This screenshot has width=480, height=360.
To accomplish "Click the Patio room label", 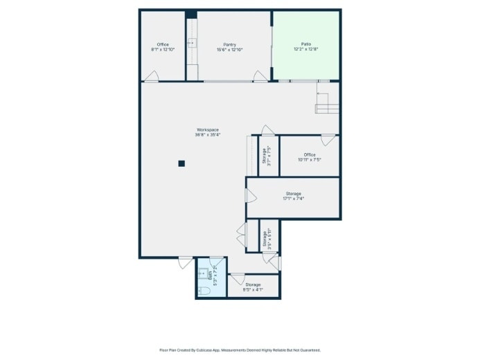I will pyautogui.click(x=305, y=44).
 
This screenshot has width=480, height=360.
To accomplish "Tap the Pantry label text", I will pyautogui.click(x=230, y=44).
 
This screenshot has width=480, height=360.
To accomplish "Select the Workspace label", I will pyautogui.click(x=207, y=129).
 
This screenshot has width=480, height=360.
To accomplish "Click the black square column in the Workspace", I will pyautogui.click(x=181, y=163).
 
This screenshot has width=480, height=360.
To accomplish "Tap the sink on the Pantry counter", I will pyautogui.click(x=191, y=43).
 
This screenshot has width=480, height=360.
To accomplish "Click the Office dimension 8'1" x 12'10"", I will pyautogui.click(x=163, y=50).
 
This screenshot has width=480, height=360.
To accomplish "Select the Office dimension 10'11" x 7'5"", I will pyautogui.click(x=309, y=160).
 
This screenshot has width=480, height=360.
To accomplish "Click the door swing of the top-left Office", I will pyautogui.click(x=152, y=76).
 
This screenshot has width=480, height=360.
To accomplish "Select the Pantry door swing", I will pyautogui.click(x=260, y=76).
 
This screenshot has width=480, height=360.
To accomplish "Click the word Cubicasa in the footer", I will pyautogui.click(x=207, y=350).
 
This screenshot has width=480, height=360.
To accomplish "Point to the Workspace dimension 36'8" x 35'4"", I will pyautogui.click(x=207, y=135).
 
